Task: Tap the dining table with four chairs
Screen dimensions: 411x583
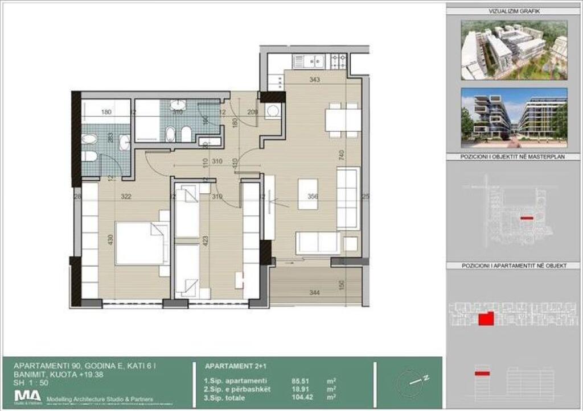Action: click(343, 120)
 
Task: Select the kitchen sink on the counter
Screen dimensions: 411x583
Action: click(308, 60)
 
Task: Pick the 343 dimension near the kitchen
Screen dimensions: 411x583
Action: click(314, 80)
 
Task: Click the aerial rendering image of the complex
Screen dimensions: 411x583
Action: click(514, 50)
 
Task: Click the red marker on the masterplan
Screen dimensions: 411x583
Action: click(527, 218)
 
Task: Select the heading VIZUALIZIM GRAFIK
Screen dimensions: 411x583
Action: click(514, 11)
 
